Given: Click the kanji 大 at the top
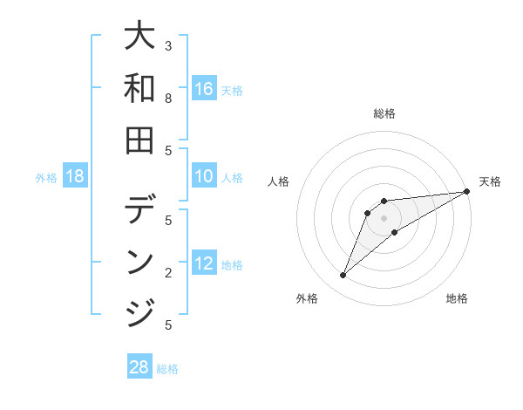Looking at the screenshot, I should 140,38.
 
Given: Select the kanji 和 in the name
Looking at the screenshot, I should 140,89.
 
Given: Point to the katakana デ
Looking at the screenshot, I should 140,211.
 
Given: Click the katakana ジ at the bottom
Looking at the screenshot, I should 140,311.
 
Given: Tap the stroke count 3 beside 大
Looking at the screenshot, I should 168,45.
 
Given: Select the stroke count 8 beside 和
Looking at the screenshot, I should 168,99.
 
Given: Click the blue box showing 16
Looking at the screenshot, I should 204,88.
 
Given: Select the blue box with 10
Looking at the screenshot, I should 204,177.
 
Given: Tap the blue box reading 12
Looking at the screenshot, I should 204,264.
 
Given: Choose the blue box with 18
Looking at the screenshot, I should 75,177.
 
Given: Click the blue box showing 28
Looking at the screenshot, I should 139,367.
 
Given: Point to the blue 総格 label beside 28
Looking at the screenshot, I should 167,369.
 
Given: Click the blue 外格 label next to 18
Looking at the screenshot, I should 46,178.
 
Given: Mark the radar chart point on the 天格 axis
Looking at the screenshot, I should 466,192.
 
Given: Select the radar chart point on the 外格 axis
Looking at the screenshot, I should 343,276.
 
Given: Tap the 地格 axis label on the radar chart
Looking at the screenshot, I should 457,298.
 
